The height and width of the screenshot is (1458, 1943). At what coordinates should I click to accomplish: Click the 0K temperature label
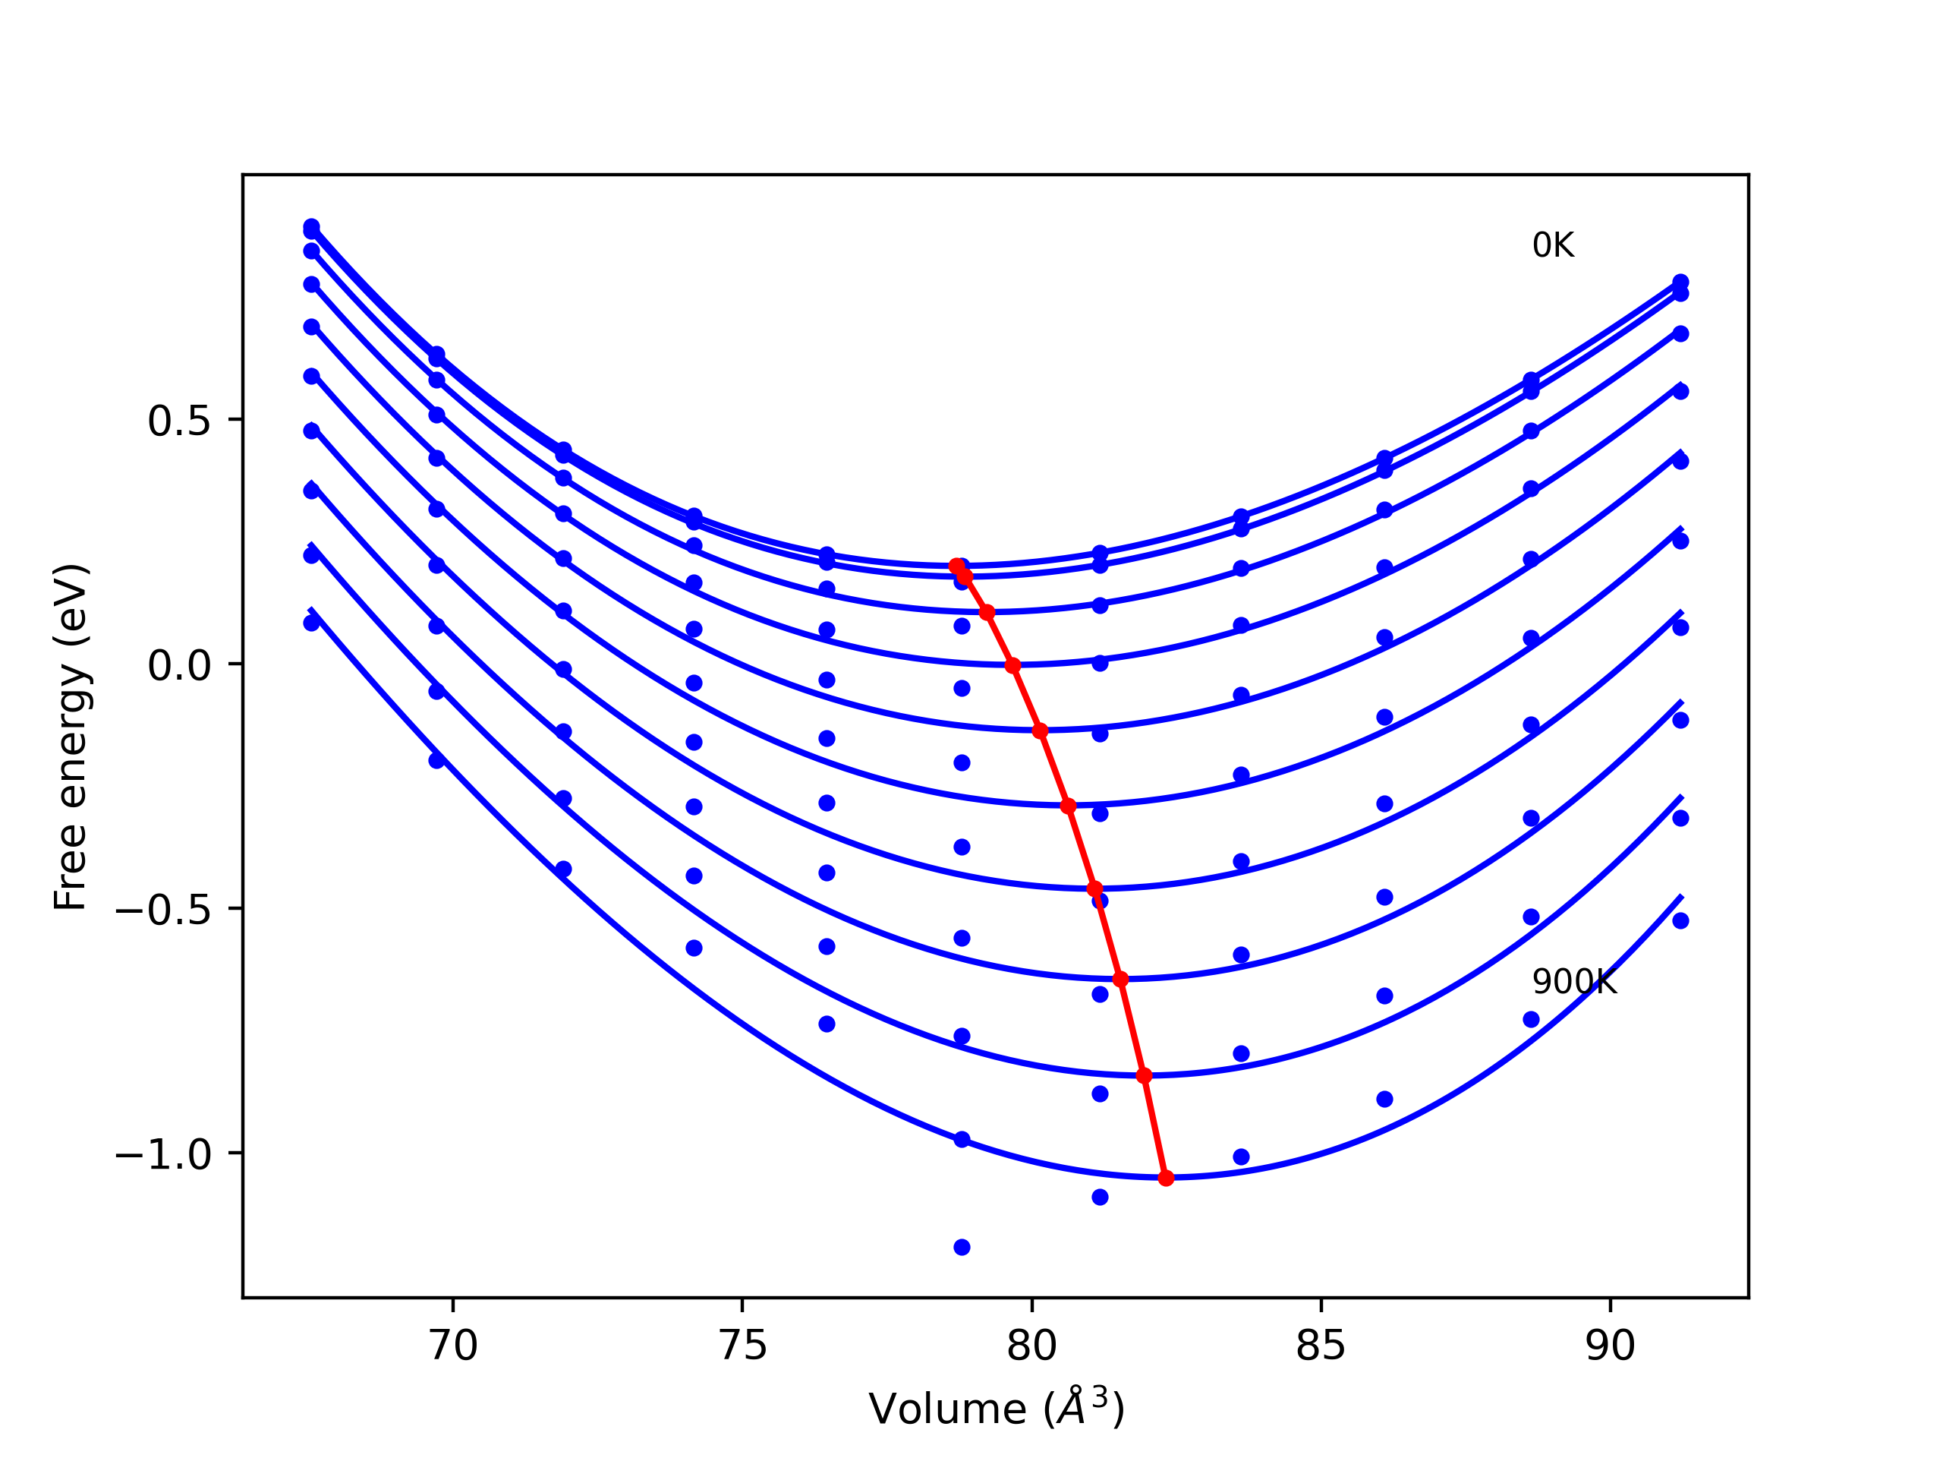pos(1553,245)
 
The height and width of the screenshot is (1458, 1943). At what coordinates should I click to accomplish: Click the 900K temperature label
pos(1574,982)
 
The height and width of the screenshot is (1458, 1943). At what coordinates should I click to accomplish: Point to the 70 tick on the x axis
pos(453,1346)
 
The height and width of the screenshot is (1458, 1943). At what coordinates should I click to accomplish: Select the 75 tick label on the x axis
pos(742,1346)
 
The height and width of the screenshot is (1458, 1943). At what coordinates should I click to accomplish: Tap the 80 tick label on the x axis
pos(1031,1346)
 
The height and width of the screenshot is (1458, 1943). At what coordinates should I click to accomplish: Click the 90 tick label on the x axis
pos(1610,1346)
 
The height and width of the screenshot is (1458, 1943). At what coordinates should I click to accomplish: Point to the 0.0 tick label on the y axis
pos(179,665)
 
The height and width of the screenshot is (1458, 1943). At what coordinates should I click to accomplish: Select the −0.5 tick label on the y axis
pos(163,910)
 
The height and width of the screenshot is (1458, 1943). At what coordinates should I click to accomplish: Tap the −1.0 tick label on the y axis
pos(163,1154)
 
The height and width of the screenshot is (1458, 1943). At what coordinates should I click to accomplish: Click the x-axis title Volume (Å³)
pos(996,1408)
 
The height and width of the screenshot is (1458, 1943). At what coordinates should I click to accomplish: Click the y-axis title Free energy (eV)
pos(71,737)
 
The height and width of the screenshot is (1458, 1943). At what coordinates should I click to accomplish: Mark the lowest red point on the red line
pos(1166,1178)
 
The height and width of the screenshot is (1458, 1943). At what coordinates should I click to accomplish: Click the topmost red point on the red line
pos(956,566)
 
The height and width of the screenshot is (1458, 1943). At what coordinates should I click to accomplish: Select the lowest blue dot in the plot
pos(962,1247)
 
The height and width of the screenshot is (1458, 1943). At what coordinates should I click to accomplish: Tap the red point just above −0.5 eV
pos(1094,888)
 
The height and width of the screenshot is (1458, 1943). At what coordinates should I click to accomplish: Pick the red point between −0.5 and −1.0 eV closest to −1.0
pos(1144,1076)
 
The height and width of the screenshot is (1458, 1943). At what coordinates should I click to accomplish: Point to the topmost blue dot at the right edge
pos(1680,282)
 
